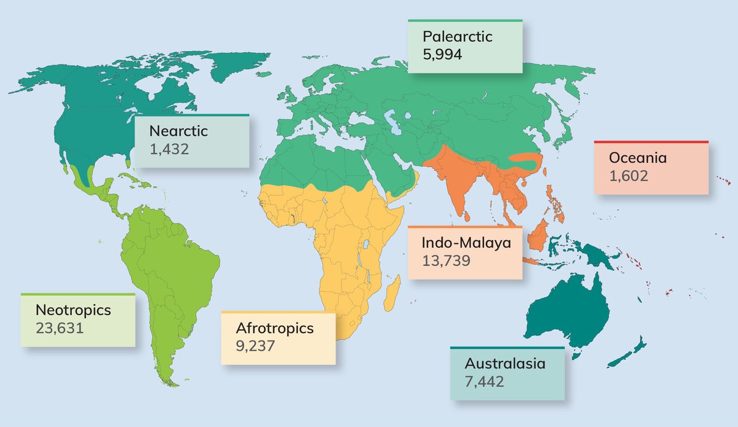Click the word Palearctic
[457, 37]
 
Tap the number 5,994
[442, 54]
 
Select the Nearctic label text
[179, 131]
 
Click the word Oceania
[638, 159]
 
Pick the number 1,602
[629, 176]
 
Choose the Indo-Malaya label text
[466, 243]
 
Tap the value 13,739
[446, 260]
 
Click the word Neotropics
[73, 310]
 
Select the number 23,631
[59, 327]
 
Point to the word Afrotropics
[274, 328]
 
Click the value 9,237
[255, 345]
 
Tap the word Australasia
[505, 363]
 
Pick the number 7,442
[484, 381]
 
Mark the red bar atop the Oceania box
[651, 142]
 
